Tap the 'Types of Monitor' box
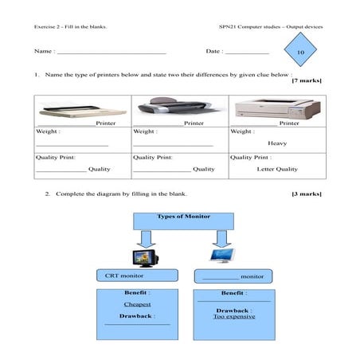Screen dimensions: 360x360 pyautogui.click(x=183, y=221)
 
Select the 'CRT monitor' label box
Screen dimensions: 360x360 pyautogui.click(x=136, y=276)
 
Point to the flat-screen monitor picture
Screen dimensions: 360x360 pyautogui.click(x=220, y=255)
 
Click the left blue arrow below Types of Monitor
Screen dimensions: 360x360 pyautogui.click(x=145, y=237)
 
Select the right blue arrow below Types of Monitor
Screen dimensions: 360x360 pyautogui.click(x=221, y=237)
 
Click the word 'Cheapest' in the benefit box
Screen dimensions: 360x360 pyautogui.click(x=137, y=304)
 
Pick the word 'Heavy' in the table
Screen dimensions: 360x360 pyautogui.click(x=276, y=143)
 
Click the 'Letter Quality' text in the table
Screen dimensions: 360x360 pyautogui.click(x=276, y=169)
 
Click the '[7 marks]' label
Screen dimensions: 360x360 pyautogui.click(x=307, y=81)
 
